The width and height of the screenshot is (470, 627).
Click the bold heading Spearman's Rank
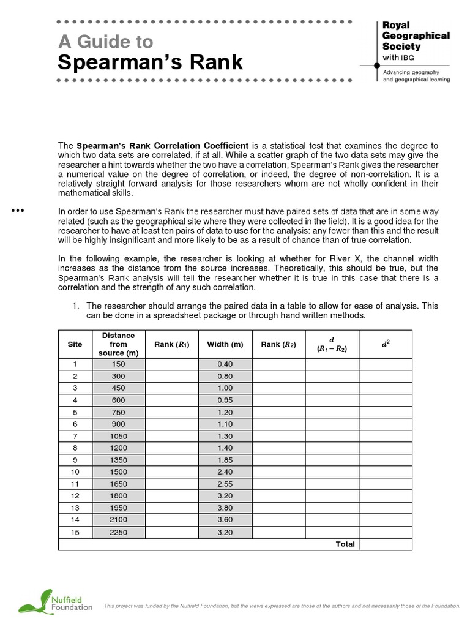[150, 62]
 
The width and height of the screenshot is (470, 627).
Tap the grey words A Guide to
[105, 42]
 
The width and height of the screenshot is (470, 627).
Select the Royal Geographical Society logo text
[416, 36]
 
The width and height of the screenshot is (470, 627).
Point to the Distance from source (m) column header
[118, 344]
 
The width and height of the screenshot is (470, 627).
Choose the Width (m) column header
[225, 344]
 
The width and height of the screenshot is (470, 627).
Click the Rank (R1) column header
[172, 344]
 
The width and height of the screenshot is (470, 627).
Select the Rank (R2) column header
[278, 344]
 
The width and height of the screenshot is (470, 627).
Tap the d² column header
[385, 344]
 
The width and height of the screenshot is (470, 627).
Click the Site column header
[75, 344]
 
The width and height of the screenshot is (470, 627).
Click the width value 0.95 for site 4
[225, 399]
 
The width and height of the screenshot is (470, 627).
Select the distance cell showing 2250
[118, 532]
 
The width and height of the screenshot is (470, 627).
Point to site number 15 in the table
[75, 532]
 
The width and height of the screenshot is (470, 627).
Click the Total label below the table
[345, 544]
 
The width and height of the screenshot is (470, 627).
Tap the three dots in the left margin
[18, 211]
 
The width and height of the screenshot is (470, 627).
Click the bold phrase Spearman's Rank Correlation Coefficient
[162, 146]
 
